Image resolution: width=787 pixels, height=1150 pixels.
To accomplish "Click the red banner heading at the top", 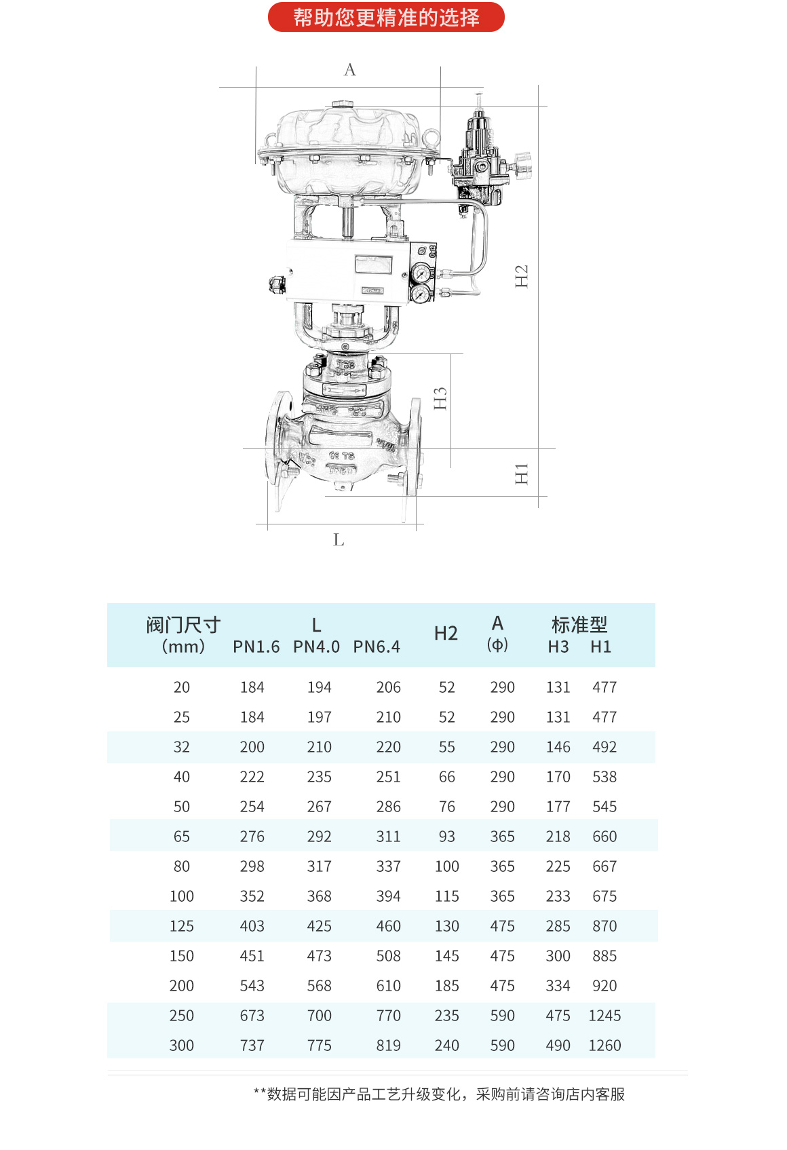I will pyautogui.click(x=386, y=17).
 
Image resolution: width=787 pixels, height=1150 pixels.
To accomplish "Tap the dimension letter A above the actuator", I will pyautogui.click(x=350, y=70).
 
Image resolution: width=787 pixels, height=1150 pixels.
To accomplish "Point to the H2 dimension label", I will pyautogui.click(x=521, y=276).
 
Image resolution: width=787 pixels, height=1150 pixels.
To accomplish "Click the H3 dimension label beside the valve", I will pyautogui.click(x=440, y=398).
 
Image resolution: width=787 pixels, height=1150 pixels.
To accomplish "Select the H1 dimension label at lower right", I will pyautogui.click(x=521, y=474).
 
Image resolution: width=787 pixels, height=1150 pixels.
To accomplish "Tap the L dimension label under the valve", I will pyautogui.click(x=339, y=540).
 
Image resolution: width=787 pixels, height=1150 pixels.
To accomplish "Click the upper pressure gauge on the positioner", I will pyautogui.click(x=421, y=274).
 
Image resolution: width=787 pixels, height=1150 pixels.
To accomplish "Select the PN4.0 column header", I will pyautogui.click(x=316, y=647).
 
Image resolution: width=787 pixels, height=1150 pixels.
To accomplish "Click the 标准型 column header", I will pyautogui.click(x=579, y=624).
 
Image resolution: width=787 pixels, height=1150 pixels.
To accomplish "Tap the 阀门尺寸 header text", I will pyautogui.click(x=183, y=624).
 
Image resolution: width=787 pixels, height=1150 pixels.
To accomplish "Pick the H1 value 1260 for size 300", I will pyautogui.click(x=604, y=1046).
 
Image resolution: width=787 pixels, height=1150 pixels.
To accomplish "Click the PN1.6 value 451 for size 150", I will pyautogui.click(x=252, y=956).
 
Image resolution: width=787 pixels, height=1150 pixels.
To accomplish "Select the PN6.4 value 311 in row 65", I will pyautogui.click(x=388, y=837).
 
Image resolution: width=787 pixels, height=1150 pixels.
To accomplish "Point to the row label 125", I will pyautogui.click(x=181, y=926).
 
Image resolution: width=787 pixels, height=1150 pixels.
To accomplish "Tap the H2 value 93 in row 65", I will pyautogui.click(x=446, y=837).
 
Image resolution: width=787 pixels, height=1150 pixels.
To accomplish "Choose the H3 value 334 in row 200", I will pyautogui.click(x=558, y=986).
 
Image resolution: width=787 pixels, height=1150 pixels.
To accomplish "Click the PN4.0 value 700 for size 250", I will pyautogui.click(x=319, y=1016).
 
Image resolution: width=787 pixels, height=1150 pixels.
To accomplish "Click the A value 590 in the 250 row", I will pyautogui.click(x=502, y=1016).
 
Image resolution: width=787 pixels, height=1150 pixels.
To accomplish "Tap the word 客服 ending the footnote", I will pyautogui.click(x=611, y=1094).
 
